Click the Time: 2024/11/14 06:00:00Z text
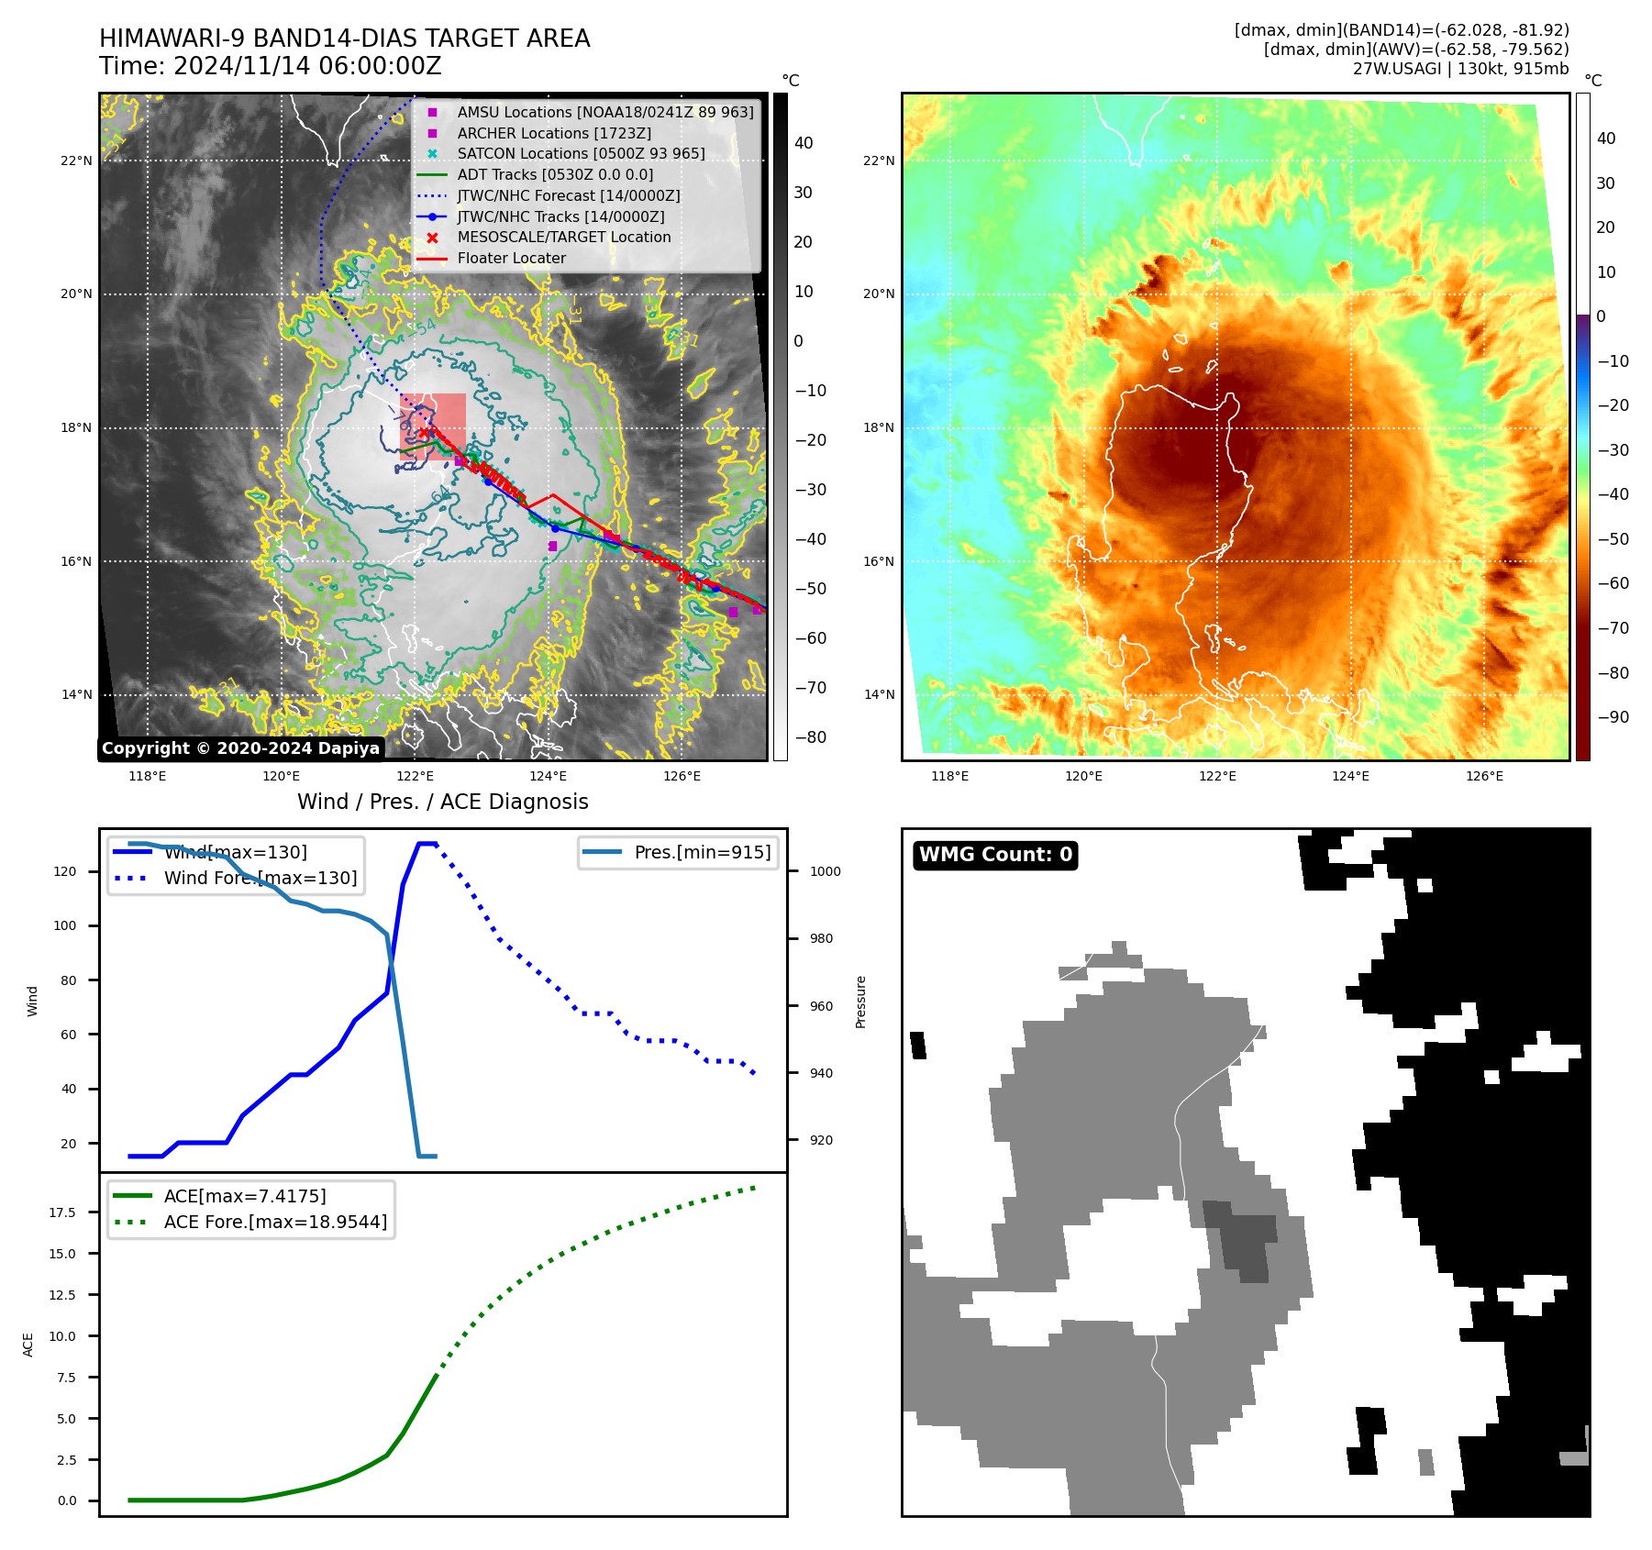pos(271,67)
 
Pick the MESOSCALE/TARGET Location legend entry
pos(563,238)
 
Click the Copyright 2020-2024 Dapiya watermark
pos(240,748)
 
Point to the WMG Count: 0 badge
pos(995,855)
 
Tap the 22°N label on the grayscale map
pos(77,161)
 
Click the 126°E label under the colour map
pos(1484,777)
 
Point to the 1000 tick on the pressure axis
pos(825,872)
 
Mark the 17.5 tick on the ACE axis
pos(63,1212)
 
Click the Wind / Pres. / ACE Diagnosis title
pos(442,802)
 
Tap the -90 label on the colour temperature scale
pos(1613,717)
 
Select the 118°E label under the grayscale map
pos(147,777)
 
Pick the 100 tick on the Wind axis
pos(65,926)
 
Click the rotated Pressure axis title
pos(860,1002)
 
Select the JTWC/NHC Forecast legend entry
pos(568,195)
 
